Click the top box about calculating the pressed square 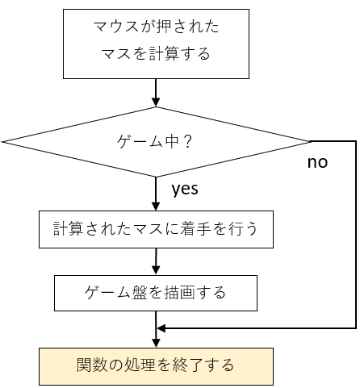[156, 44]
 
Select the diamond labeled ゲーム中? [156, 142]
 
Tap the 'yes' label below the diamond [185, 189]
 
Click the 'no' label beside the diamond [317, 162]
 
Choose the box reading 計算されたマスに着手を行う [156, 229]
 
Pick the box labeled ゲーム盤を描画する [156, 293]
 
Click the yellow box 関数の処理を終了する [156, 366]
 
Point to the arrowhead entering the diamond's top [156, 102]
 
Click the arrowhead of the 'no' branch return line [161, 328]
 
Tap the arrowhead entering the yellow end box [156, 344]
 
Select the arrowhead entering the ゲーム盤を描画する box [156, 270]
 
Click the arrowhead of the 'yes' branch [156, 207]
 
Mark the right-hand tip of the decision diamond [310, 141]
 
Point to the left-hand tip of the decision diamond [2, 141]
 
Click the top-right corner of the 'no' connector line [356, 141]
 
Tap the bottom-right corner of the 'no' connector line [356, 328]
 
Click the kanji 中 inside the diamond [172, 141]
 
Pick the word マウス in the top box [115, 27]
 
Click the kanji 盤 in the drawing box [139, 293]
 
